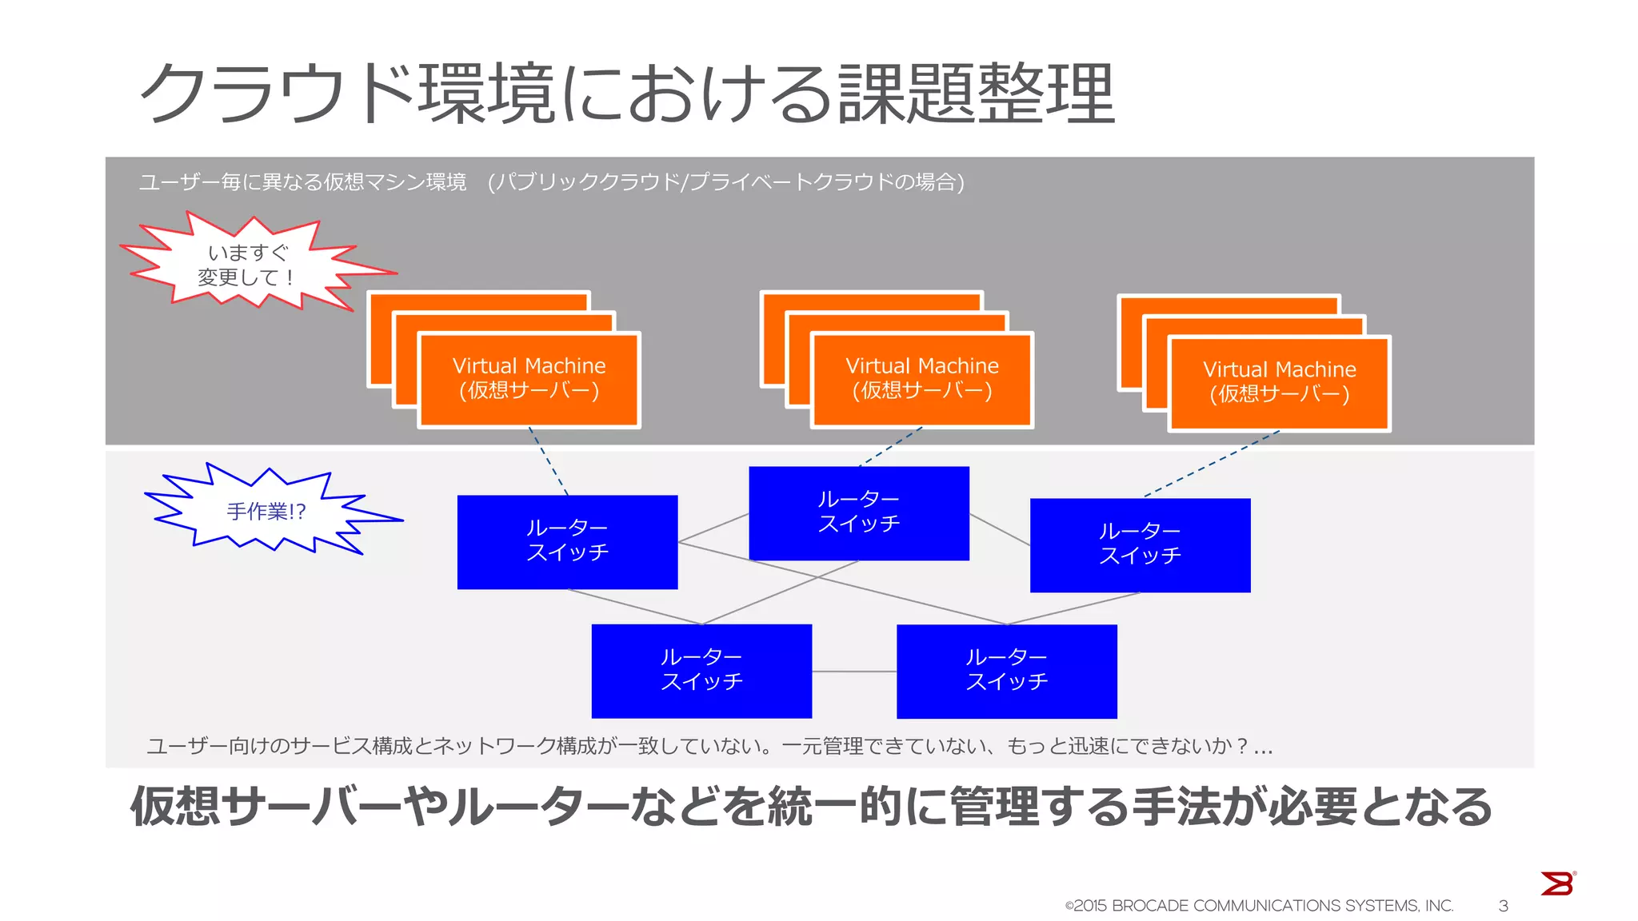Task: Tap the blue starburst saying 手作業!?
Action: tap(266, 511)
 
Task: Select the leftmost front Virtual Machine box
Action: tap(529, 379)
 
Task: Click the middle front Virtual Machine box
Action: tap(921, 379)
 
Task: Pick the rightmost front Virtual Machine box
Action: tap(1279, 382)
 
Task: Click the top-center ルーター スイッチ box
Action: tap(858, 512)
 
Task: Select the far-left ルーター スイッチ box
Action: tap(567, 541)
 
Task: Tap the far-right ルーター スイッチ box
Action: tap(1140, 544)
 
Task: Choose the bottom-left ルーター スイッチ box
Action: tap(701, 670)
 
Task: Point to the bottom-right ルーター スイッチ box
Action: tap(1006, 670)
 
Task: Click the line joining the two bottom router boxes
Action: tap(854, 672)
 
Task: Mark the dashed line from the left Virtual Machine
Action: tap(549, 461)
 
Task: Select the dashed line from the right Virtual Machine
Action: tap(1212, 464)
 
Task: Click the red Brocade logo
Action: tap(1556, 883)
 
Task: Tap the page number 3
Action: tap(1503, 906)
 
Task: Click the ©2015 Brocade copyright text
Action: tap(1259, 906)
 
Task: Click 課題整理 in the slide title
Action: tap(976, 94)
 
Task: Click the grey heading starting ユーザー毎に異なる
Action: tap(302, 182)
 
